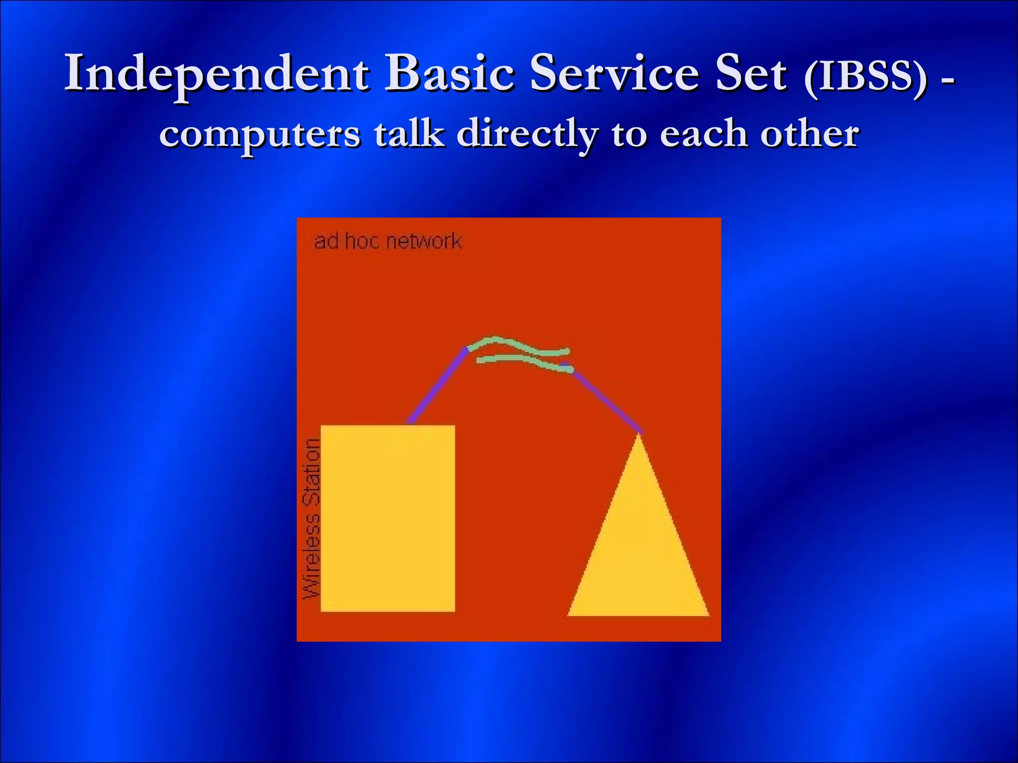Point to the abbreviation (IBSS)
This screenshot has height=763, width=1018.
tap(865, 77)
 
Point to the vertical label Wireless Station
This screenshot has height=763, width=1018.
tap(312, 519)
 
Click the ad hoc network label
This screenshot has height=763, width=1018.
tap(388, 241)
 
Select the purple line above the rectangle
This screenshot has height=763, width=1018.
tap(437, 386)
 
